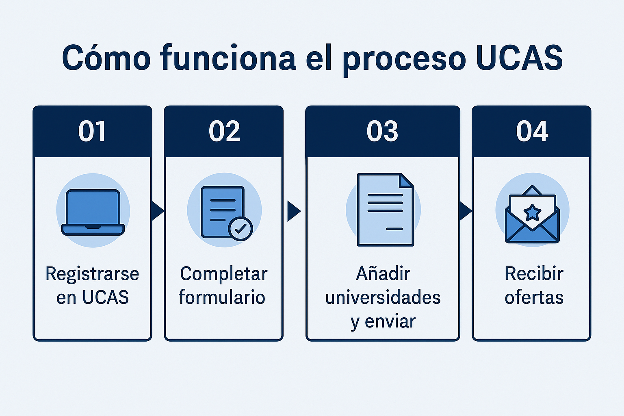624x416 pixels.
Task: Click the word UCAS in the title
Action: [520, 58]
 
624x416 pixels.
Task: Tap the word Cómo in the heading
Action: [106, 57]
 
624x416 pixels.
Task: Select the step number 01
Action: [92, 131]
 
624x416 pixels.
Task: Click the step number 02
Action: [224, 131]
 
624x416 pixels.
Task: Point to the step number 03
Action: [382, 131]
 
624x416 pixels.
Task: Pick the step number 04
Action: [532, 131]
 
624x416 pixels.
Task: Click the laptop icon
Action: [93, 212]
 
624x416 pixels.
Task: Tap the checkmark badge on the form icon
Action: [240, 229]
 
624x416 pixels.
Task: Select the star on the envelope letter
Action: [532, 213]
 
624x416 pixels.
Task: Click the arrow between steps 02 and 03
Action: [294, 211]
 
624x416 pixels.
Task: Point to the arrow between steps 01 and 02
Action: [158, 211]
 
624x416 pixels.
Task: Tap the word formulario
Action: [222, 297]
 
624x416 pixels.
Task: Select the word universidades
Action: [383, 297]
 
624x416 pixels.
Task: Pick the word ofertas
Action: [534, 297]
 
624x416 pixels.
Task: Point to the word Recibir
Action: [534, 273]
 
